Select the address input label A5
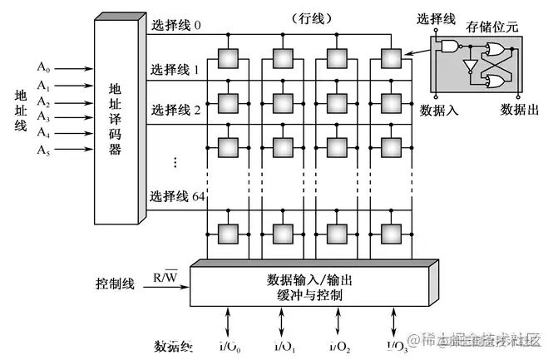pyautogui.click(x=43, y=150)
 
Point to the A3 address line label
pyautogui.click(x=43, y=118)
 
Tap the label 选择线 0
pyautogui.click(x=176, y=25)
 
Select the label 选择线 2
pyautogui.click(x=176, y=110)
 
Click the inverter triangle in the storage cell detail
pyautogui.click(x=471, y=65)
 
